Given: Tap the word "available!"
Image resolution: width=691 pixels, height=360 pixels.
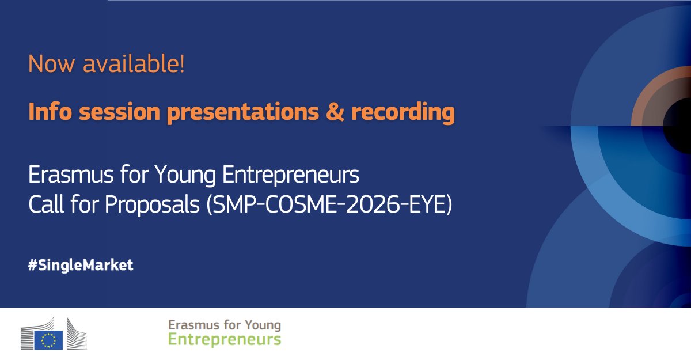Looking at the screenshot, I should click(134, 64).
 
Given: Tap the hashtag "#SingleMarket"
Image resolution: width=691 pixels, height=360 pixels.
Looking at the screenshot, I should click(81, 266).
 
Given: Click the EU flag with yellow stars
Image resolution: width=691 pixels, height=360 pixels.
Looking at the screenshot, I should click(48, 340).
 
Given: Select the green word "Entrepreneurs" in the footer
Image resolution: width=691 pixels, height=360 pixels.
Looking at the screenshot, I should click(225, 340).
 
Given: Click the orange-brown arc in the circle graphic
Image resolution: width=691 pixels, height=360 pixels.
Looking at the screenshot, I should click(645, 95).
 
